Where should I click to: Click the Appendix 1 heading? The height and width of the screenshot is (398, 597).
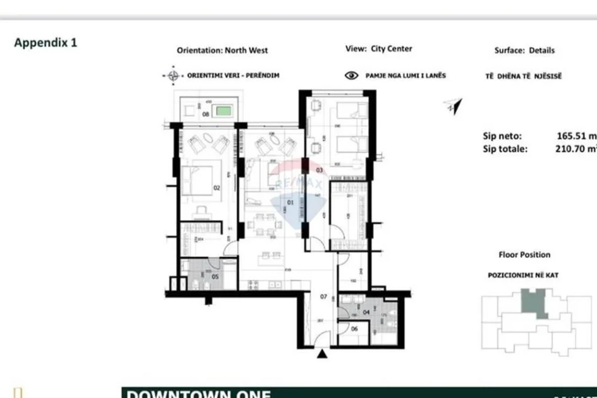click(x=45, y=43)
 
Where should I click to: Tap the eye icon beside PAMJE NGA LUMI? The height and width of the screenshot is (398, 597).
click(x=352, y=75)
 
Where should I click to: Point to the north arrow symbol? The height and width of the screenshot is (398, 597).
click(x=452, y=106)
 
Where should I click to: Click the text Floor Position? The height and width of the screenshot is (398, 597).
click(x=524, y=255)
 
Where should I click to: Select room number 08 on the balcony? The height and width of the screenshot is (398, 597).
click(x=205, y=114)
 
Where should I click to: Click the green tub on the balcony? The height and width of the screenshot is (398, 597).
click(x=223, y=112)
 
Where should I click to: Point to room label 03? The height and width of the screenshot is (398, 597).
click(x=319, y=170)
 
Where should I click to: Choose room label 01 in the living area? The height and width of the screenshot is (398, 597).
click(x=290, y=202)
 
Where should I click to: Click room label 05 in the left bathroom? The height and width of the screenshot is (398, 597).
click(x=215, y=275)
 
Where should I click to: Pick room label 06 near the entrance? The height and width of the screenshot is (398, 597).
click(x=354, y=328)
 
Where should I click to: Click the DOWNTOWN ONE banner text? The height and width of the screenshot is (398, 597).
click(x=199, y=394)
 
